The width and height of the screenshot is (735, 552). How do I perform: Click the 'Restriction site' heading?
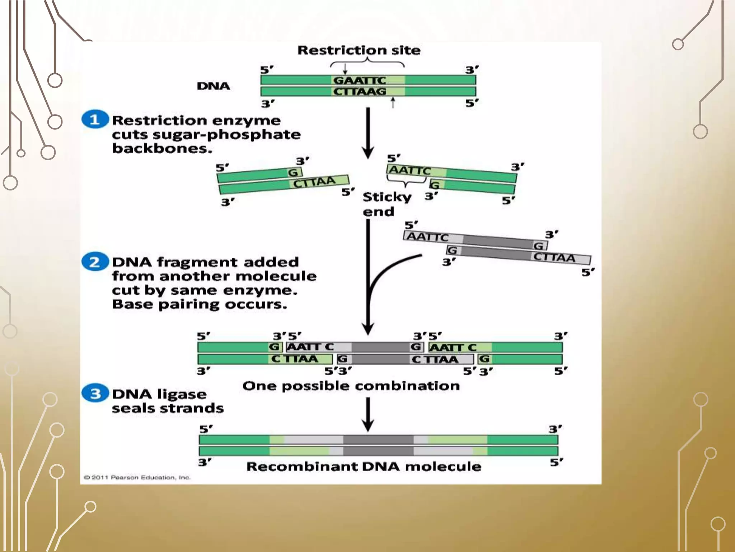359,50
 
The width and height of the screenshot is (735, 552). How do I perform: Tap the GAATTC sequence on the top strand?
359,80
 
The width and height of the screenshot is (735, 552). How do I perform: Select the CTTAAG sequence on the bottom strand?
359,92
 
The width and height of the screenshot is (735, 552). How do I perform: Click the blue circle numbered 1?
95,119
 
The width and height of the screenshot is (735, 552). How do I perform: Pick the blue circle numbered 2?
95,262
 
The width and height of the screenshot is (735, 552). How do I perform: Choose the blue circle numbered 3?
95,394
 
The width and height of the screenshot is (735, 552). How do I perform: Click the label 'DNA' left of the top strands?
213,86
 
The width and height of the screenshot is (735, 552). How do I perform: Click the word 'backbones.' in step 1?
162,148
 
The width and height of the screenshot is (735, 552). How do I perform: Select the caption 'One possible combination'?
351,386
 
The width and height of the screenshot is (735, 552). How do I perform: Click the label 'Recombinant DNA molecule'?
364,466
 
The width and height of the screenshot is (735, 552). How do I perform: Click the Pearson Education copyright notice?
137,478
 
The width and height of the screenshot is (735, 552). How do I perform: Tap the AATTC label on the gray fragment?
427,237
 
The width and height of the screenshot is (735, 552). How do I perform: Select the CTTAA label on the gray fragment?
554,257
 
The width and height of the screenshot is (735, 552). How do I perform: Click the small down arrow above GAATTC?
345,69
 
